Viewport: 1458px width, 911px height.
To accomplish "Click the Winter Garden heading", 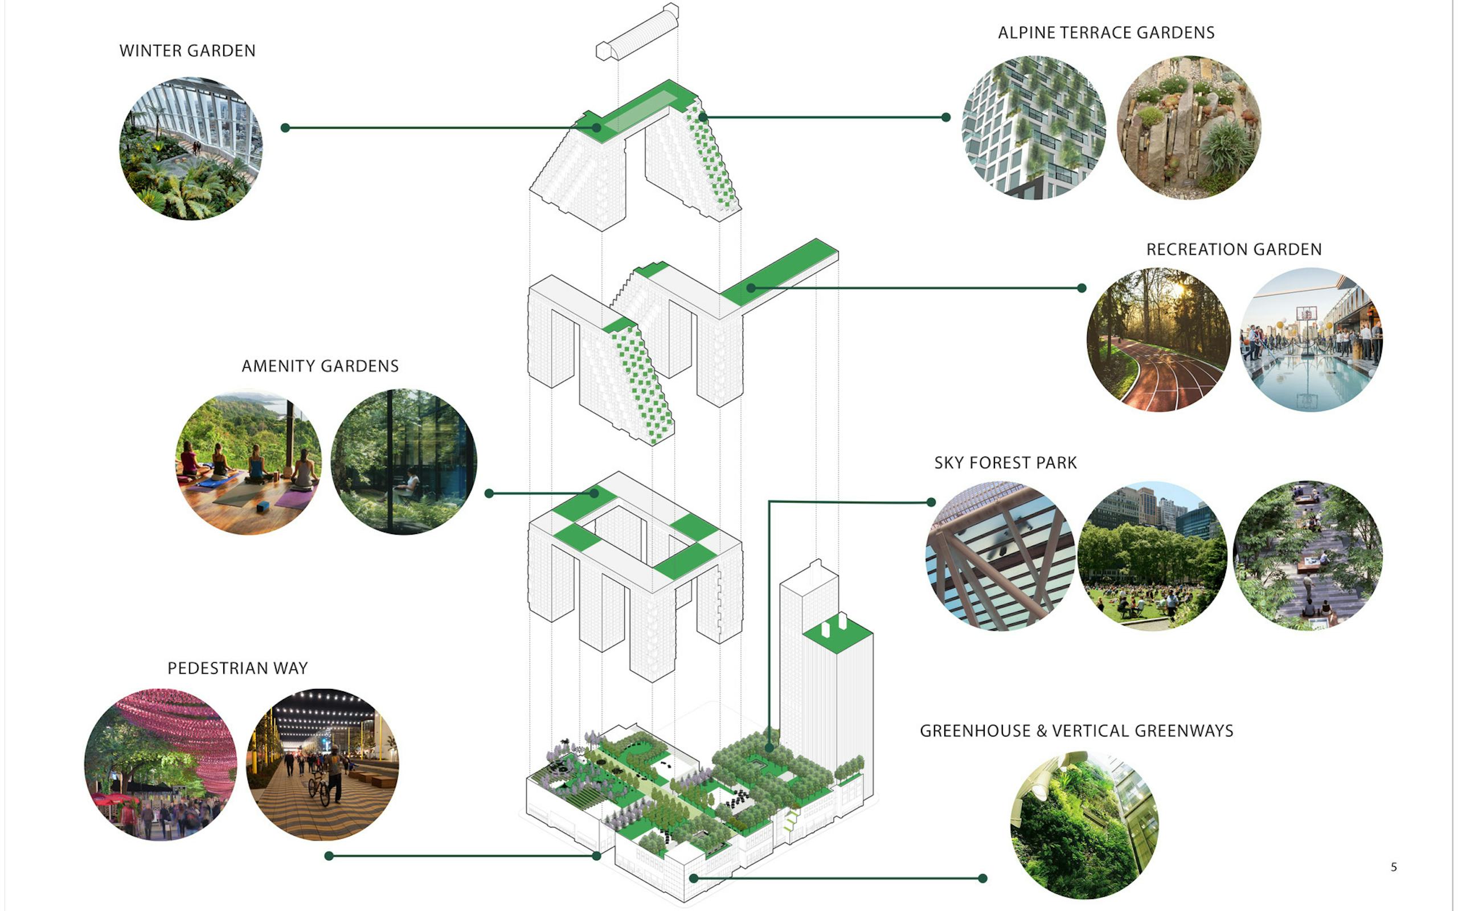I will point(187,51).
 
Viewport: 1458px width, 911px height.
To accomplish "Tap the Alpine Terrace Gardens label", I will point(1105,32).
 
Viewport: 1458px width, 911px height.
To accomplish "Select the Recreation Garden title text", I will point(1233,249).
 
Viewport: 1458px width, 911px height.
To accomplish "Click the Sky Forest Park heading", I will point(1005,463).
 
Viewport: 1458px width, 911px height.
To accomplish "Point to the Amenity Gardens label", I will point(320,366).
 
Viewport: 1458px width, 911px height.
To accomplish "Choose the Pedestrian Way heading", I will point(237,668).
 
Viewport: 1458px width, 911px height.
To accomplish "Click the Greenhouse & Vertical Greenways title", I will point(1076,731).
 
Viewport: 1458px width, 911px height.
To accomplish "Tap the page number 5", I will point(1393,867).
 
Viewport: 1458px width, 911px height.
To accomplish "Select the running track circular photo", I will point(1158,340).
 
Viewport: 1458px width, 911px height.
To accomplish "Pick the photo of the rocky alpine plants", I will point(1188,128).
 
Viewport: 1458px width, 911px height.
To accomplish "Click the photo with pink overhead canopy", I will point(160,764).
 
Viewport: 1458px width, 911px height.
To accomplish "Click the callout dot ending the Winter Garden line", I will point(285,128).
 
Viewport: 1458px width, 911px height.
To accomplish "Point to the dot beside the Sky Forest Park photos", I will point(931,502).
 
